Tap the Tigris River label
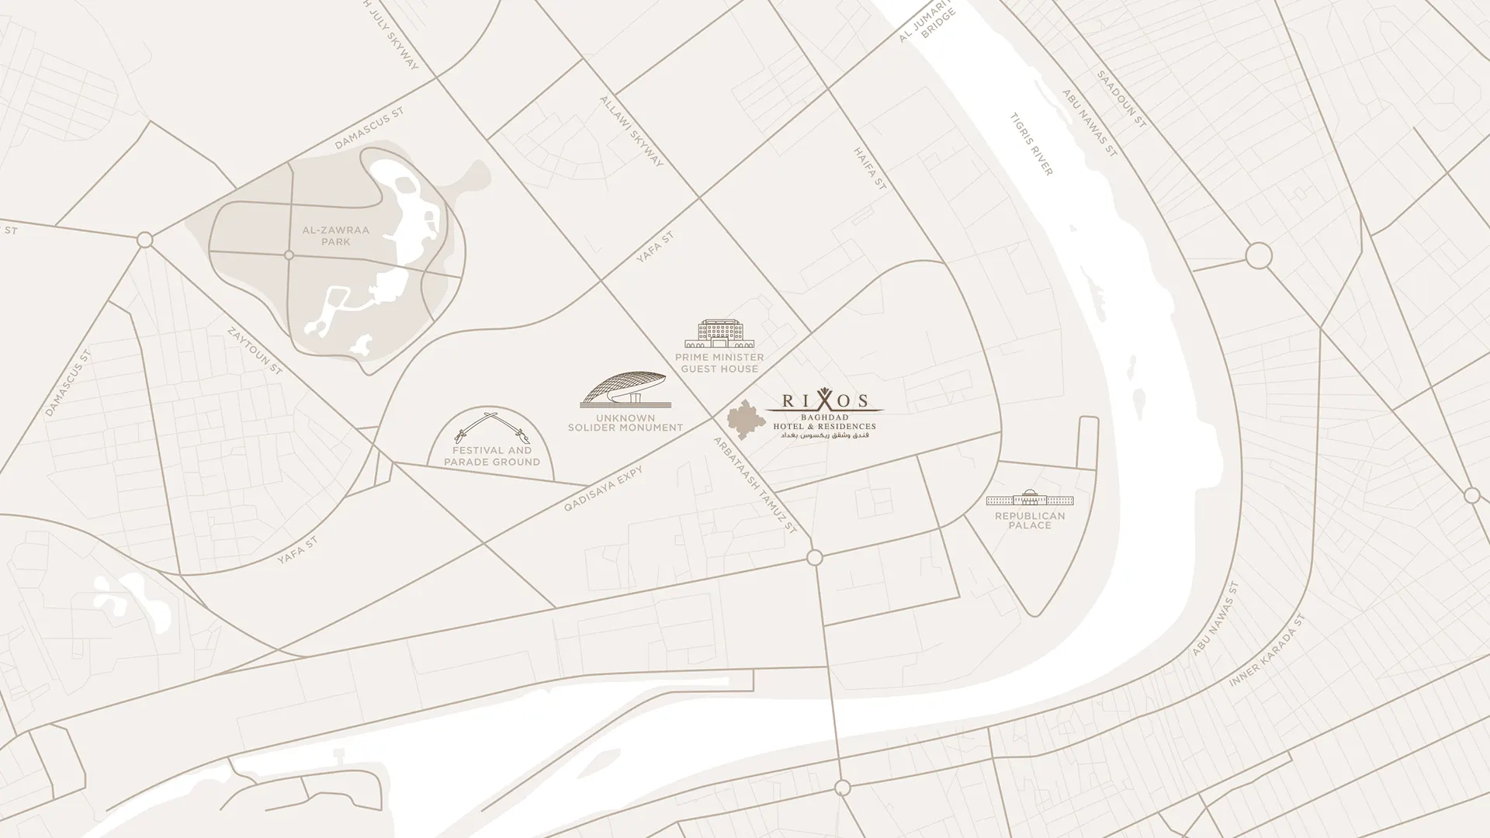point(1031,144)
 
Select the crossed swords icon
point(492,428)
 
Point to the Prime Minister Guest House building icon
point(719,334)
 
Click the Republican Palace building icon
point(1030,497)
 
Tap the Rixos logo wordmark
point(824,401)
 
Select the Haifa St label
point(870,168)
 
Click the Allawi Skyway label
point(632,131)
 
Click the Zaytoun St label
point(255,351)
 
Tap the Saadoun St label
point(1121,99)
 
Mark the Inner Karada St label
point(1268,652)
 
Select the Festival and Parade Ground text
point(492,456)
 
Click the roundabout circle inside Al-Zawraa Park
point(289,255)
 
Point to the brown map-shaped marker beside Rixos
point(745,420)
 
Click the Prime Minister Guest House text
point(719,363)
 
